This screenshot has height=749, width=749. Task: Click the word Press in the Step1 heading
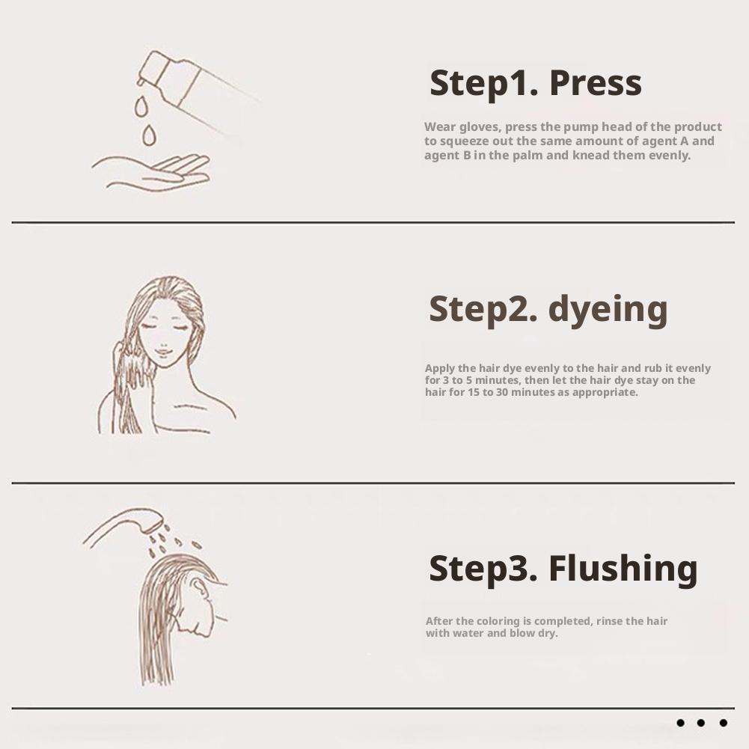point(595,83)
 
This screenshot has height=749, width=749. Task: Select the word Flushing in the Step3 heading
point(623,569)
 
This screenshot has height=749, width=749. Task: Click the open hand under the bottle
point(151,172)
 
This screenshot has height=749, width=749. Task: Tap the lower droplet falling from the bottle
point(150,135)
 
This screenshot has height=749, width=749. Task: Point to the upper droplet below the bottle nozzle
point(141,106)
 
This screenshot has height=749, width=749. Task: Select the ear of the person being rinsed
point(199,587)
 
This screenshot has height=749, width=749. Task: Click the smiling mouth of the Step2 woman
point(163,353)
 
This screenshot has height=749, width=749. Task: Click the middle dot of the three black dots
point(701,723)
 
